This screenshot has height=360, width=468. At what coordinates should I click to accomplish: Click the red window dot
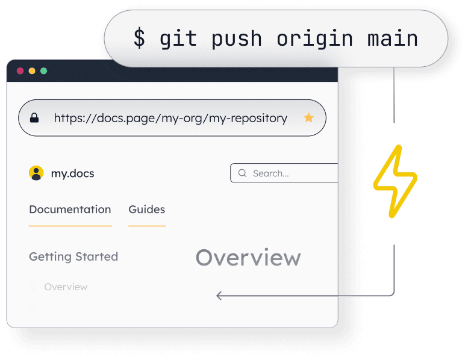[20, 71]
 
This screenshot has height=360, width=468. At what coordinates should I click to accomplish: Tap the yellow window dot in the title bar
[32, 71]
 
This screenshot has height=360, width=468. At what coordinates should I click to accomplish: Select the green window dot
[43, 71]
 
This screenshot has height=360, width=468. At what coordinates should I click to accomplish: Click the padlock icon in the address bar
[34, 118]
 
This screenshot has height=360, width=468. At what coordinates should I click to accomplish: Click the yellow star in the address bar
[308, 118]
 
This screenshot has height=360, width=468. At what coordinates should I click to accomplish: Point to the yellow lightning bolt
[395, 181]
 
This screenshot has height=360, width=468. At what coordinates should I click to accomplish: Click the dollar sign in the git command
[139, 39]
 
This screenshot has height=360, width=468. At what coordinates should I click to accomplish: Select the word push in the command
[236, 39]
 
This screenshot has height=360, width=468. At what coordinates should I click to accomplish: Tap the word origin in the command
[314, 39]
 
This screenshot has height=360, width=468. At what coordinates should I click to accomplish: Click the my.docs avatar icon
[36, 173]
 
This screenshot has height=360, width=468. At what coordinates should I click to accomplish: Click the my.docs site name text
[72, 173]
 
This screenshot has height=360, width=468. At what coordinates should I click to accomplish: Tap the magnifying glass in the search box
[242, 173]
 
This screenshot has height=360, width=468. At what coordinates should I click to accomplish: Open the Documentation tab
[70, 209]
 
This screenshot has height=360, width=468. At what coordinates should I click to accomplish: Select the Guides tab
[146, 209]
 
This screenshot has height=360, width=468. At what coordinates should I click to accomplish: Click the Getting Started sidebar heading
[73, 256]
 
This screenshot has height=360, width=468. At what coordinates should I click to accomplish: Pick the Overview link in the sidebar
[66, 287]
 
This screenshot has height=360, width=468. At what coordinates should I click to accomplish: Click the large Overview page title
[248, 258]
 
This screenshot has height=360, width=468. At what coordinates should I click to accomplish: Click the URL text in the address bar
[170, 118]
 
